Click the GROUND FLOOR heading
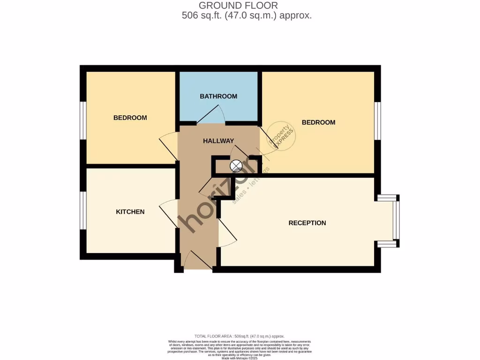(238, 6)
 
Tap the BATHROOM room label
(218, 96)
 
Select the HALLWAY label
(218, 141)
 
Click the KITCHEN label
(130, 212)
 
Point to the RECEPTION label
(307, 223)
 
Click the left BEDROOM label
(130, 118)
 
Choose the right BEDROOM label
(318, 122)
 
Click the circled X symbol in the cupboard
(236, 165)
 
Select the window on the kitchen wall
(83, 211)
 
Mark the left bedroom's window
(83, 120)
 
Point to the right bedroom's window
(377, 120)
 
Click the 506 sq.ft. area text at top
(247, 15)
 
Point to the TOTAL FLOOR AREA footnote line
(240, 336)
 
